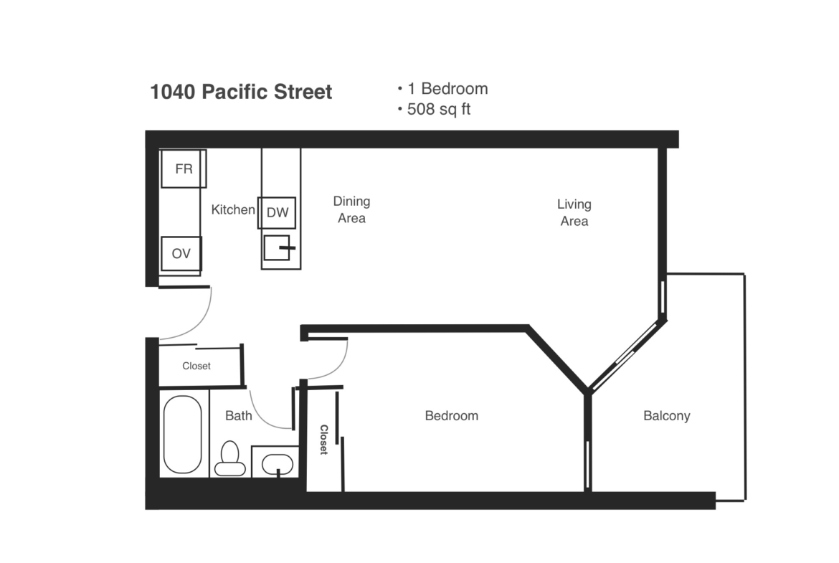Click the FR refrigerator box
[184, 169]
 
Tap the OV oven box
[181, 254]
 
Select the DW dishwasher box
[277, 212]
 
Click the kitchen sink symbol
[278, 247]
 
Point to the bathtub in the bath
[182, 435]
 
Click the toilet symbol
[230, 459]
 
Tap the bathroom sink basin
[278, 464]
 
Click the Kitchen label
[233, 209]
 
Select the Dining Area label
[351, 209]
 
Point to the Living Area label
[574, 212]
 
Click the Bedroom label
[452, 416]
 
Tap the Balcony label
[667, 416]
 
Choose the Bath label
[239, 415]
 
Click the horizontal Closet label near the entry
[196, 366]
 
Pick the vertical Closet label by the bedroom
[323, 440]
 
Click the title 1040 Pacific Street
[242, 92]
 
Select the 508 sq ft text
[439, 109]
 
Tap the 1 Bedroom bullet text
[448, 89]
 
